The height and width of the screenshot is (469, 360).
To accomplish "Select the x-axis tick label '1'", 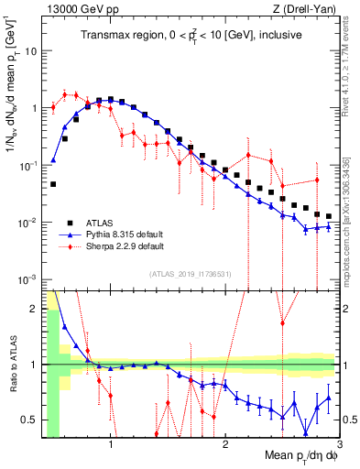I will point(111,447).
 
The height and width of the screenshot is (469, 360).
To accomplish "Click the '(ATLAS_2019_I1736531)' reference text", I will point(190,273).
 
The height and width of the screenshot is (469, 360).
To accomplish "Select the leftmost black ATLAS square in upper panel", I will point(53,184).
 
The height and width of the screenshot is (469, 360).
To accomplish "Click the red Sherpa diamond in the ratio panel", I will point(282,323).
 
